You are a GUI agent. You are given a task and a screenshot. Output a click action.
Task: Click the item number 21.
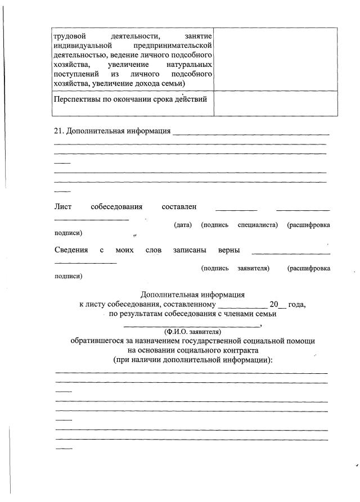(x=58, y=132)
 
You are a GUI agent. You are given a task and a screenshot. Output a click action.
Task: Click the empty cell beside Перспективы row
(x=275, y=103)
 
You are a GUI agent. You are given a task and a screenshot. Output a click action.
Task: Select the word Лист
(x=62, y=207)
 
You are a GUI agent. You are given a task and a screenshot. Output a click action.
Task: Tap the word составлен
(x=178, y=207)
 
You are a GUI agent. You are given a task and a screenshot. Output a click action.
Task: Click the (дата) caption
(x=183, y=225)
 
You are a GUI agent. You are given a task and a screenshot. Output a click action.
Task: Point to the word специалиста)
(x=258, y=225)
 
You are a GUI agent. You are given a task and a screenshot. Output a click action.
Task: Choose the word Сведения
(x=71, y=250)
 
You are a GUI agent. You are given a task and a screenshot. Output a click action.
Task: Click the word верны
(x=229, y=250)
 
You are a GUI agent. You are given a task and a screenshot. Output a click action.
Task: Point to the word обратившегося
(x=101, y=341)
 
